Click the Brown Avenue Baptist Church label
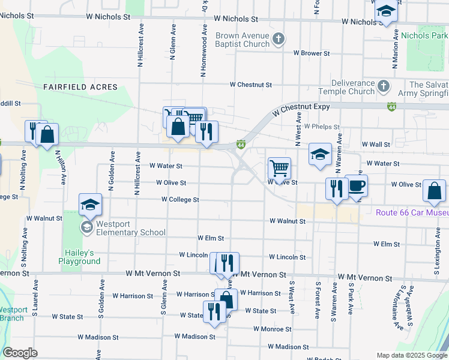point(242,40)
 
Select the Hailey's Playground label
point(79,257)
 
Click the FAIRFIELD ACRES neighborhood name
point(80,87)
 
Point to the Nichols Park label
point(424,36)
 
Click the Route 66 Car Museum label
point(412,212)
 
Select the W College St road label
point(180,199)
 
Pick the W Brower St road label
point(312,53)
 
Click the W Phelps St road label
point(322,127)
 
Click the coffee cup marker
point(356,185)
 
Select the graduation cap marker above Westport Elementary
point(91,205)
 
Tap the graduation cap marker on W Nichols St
point(386,11)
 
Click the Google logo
point(20,353)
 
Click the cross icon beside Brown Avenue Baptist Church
point(278,40)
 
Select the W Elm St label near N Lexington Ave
point(386,244)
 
